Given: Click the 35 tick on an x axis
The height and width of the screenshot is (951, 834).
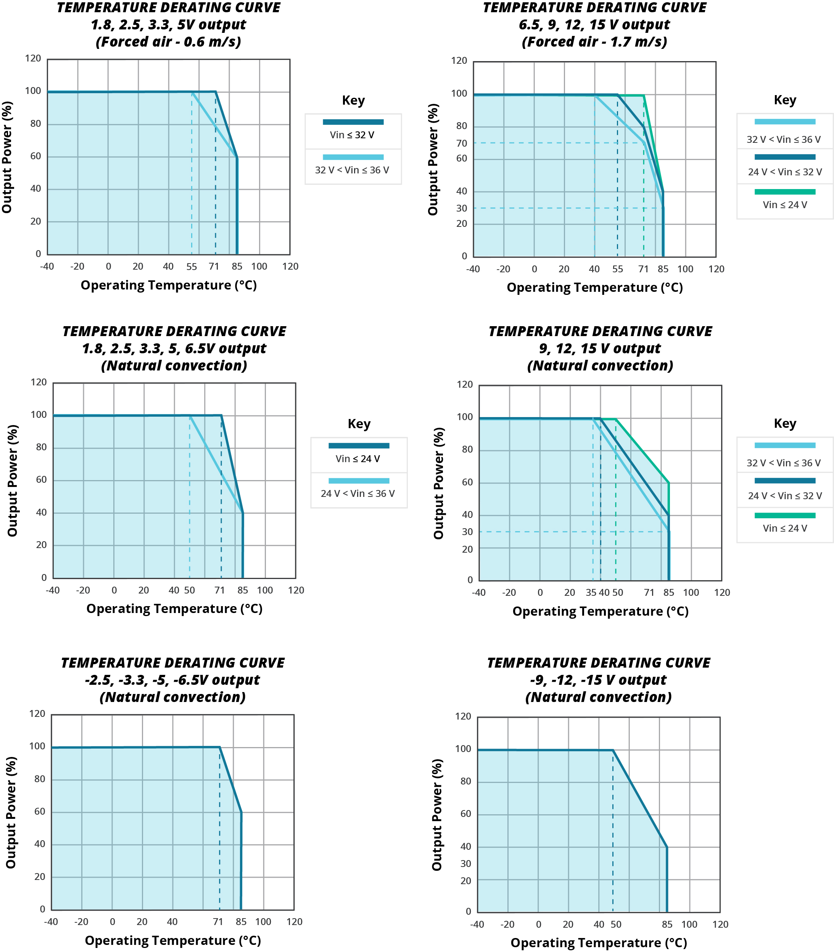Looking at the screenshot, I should tap(591, 593).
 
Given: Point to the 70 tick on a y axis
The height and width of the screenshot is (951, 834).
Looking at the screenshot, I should tap(462, 143).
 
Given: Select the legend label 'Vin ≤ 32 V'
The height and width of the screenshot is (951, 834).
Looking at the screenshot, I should tap(352, 135).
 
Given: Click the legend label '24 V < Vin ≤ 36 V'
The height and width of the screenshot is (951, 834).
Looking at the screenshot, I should tap(357, 494).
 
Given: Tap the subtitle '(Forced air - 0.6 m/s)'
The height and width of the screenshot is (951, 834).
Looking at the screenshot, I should tap(168, 42).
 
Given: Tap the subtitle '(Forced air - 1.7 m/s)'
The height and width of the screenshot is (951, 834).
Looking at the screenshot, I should tap(594, 42).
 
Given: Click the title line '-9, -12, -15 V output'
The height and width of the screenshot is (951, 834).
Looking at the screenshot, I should tap(598, 680).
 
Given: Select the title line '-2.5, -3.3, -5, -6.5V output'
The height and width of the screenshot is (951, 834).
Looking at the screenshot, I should tap(172, 680).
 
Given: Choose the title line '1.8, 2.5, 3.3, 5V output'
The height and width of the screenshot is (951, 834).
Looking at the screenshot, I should tap(168, 25).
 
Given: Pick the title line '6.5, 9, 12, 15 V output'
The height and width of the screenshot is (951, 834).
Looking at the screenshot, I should tap(594, 25).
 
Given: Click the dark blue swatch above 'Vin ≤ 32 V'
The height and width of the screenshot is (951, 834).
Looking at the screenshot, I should tap(353, 122).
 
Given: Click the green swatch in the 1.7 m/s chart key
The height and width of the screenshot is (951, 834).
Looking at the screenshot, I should tap(785, 192).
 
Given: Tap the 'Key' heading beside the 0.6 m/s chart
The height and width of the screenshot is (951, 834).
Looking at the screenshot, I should tap(353, 100).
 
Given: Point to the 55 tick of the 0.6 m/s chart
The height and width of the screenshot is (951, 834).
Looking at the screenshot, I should tap(192, 267).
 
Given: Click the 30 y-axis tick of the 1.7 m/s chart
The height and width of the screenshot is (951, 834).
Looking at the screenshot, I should tap(462, 209).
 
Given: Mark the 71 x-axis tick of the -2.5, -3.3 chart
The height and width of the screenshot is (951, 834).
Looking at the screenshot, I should tap(218, 922).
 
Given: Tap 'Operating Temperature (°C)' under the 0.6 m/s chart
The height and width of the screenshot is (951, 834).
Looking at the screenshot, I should tap(169, 285).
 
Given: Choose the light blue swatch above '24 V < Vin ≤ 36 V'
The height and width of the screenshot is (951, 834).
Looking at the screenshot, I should tap(359, 480).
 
